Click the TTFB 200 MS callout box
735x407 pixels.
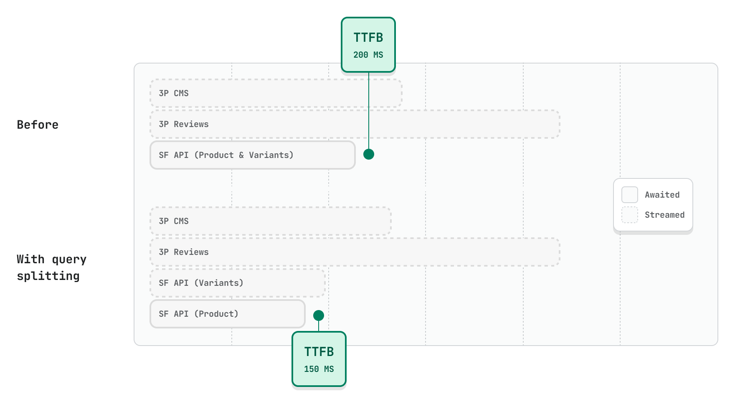click(368, 44)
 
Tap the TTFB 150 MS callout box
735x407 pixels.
click(319, 359)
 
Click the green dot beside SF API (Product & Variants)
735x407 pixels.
click(368, 154)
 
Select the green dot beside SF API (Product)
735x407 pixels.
click(319, 315)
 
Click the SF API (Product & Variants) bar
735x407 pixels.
click(252, 155)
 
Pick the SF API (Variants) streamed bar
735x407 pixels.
click(237, 283)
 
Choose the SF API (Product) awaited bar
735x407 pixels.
click(227, 314)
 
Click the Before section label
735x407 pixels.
click(38, 125)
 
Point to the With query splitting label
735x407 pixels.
click(51, 267)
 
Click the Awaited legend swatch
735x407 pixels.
click(629, 195)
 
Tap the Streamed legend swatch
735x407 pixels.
click(629, 215)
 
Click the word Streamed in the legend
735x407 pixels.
click(664, 215)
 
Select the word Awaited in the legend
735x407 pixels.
click(662, 195)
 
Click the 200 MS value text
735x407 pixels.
click(368, 55)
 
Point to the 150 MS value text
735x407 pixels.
click(319, 369)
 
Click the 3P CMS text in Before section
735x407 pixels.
click(174, 93)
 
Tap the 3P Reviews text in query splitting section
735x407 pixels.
click(184, 252)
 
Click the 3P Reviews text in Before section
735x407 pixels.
click(184, 124)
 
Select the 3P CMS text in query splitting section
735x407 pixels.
click(174, 221)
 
